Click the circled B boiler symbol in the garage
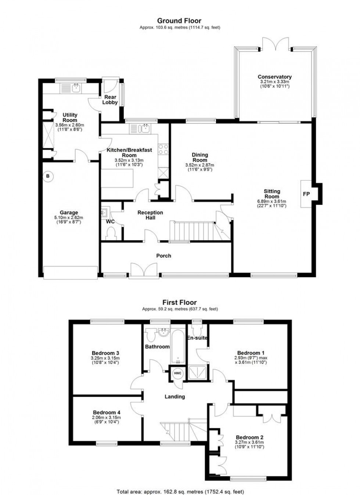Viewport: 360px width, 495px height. (47, 176)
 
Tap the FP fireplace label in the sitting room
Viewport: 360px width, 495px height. (306, 194)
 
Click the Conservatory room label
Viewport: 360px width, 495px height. (274, 77)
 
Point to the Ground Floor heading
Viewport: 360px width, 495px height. (179, 21)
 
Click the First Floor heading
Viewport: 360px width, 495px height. (180, 303)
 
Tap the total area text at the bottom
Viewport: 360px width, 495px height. (180, 491)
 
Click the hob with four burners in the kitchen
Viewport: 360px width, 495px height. (163, 149)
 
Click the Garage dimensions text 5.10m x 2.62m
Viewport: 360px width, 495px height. (69, 217)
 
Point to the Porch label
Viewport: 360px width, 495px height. (163, 256)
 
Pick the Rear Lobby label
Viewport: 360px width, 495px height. (110, 100)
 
